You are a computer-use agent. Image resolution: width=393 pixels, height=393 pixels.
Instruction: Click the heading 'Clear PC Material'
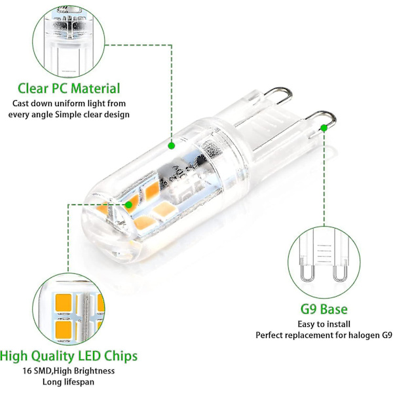(x=69, y=88)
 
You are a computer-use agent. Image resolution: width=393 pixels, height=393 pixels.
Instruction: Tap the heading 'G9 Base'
(x=324, y=309)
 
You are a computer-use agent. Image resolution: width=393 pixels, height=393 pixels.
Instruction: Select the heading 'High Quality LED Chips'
(x=69, y=356)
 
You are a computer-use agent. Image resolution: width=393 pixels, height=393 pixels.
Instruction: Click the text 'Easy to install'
(x=324, y=324)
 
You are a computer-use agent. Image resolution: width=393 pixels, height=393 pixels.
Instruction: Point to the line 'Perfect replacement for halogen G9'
(x=324, y=335)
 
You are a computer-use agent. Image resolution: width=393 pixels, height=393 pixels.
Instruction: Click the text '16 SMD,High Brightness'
(x=69, y=371)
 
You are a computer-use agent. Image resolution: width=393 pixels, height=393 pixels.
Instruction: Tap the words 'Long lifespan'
(x=68, y=382)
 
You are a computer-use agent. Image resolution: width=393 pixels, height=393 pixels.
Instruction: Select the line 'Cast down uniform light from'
(x=69, y=103)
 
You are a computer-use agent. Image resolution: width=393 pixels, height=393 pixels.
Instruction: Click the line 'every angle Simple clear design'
(x=69, y=115)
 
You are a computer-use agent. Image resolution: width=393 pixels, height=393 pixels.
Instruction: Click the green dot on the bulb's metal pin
(x=324, y=128)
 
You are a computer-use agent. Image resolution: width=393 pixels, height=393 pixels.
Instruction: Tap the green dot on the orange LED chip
(x=128, y=205)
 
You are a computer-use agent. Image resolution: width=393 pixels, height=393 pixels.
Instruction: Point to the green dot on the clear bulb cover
(x=172, y=145)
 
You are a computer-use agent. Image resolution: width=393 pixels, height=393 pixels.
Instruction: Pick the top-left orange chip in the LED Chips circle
(x=64, y=303)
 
